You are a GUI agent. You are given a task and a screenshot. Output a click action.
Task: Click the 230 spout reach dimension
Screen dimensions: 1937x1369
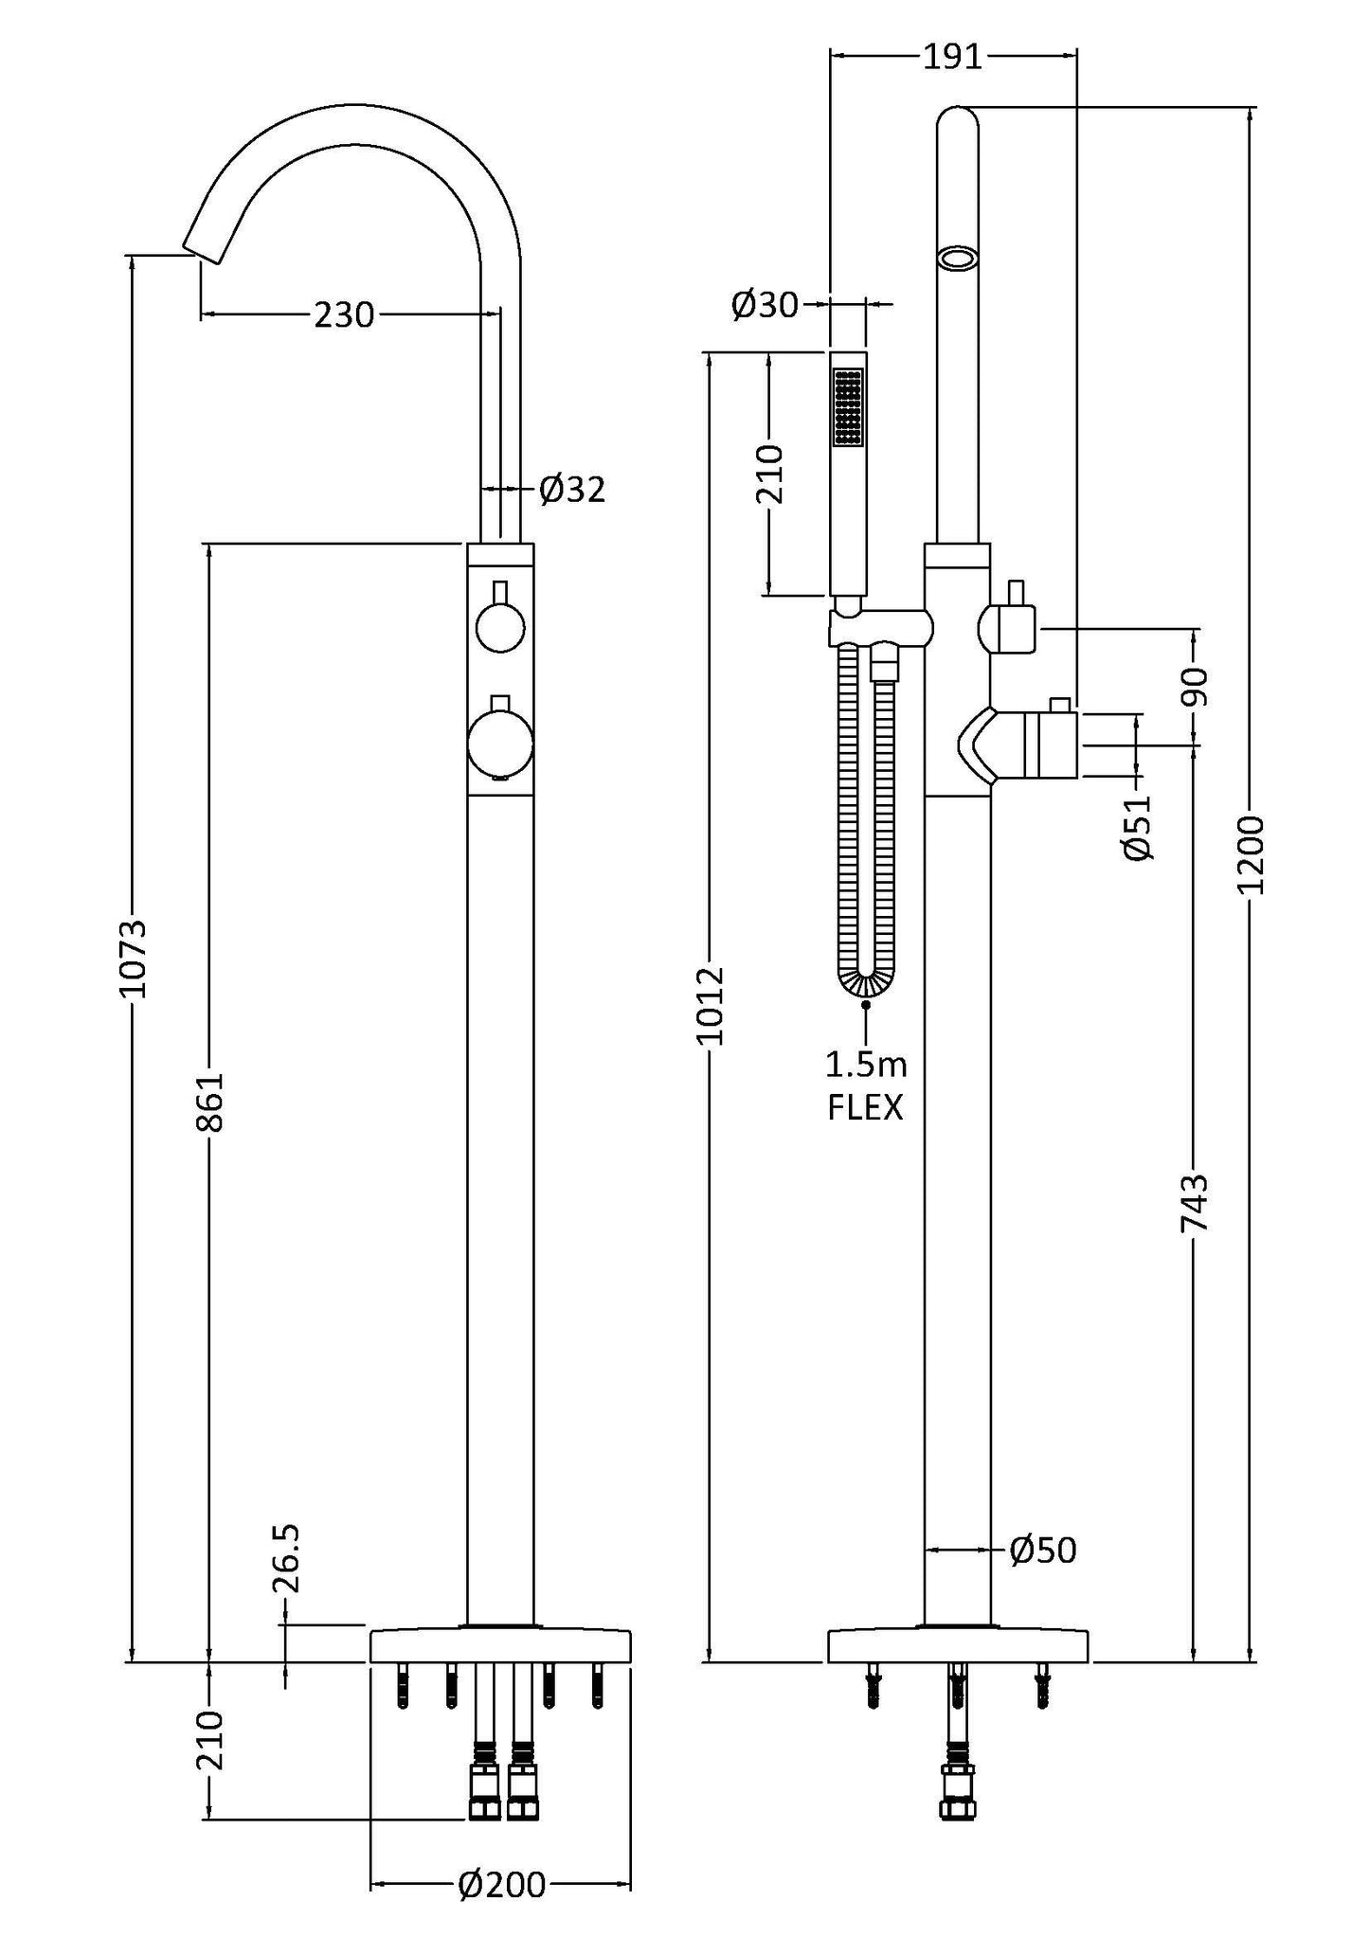click(x=344, y=314)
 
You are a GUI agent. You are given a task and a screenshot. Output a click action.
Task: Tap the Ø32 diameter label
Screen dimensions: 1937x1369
click(x=571, y=490)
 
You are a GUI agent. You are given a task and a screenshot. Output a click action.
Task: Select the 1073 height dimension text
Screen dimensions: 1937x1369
click(x=133, y=958)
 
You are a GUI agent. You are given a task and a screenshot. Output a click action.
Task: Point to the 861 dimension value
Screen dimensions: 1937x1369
click(x=210, y=1102)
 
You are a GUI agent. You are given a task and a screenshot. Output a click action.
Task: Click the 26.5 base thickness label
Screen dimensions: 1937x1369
click(x=285, y=1559)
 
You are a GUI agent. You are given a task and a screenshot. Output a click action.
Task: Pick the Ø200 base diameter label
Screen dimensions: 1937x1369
click(x=501, y=1885)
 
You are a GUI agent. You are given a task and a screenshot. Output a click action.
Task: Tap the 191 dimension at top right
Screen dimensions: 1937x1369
click(x=952, y=58)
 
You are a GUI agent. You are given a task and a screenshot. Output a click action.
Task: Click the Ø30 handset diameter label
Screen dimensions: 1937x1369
click(x=765, y=305)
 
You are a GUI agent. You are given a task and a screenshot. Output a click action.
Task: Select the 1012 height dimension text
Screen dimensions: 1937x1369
click(x=711, y=1006)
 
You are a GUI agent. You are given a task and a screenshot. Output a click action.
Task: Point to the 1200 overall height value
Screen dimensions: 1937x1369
click(x=1252, y=854)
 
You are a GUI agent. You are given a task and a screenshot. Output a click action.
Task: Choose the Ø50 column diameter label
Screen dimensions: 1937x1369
click(x=1042, y=1551)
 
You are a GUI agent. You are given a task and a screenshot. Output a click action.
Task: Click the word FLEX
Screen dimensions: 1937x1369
click(x=865, y=1107)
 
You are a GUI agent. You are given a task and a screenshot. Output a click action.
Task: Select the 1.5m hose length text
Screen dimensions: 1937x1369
click(x=865, y=1065)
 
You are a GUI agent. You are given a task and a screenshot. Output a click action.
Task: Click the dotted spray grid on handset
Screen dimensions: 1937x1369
click(x=848, y=406)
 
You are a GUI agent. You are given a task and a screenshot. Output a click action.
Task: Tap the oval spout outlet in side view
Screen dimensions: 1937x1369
click(x=958, y=259)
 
